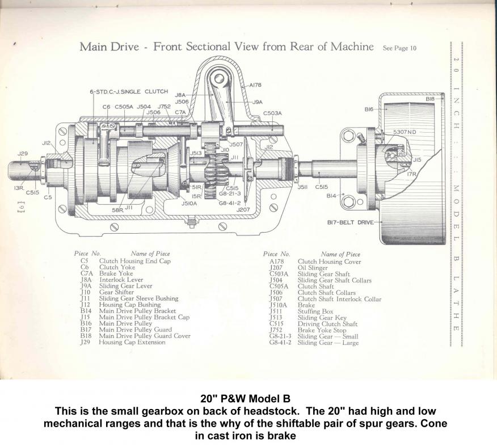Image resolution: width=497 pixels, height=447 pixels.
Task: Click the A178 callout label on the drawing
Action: (x=256, y=85)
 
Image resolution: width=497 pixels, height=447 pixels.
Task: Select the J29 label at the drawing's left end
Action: (x=23, y=153)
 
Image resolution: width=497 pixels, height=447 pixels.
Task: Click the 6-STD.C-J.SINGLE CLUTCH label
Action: (x=123, y=91)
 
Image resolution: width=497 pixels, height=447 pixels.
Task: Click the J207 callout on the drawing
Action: (x=244, y=209)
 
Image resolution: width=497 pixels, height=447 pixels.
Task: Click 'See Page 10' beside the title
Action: (x=399, y=48)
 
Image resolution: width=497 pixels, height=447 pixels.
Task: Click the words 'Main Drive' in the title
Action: (x=108, y=47)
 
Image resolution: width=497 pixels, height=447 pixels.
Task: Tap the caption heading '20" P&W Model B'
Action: (x=248, y=398)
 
